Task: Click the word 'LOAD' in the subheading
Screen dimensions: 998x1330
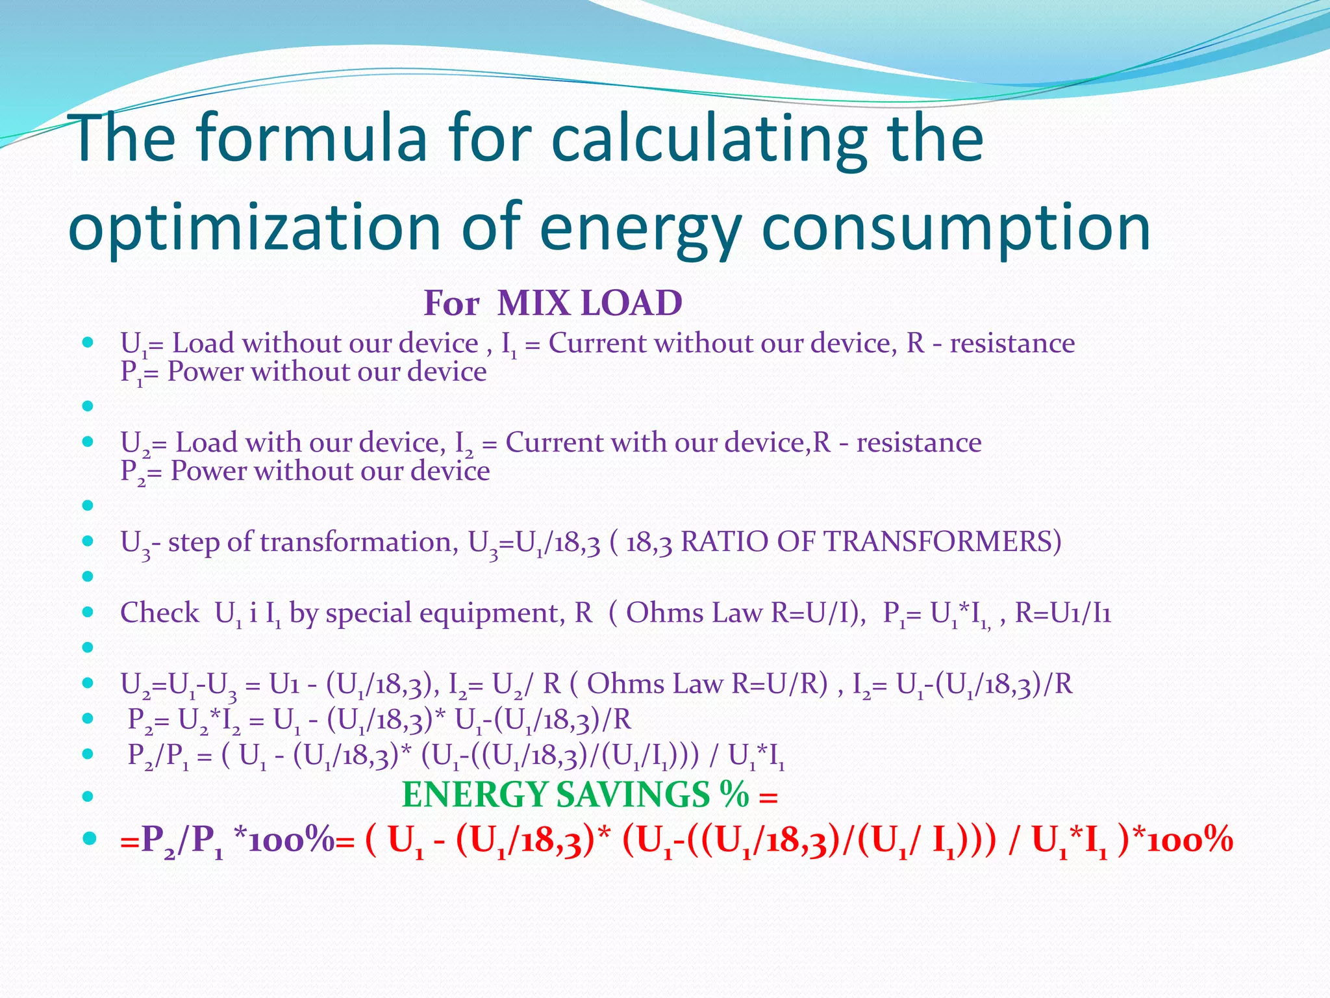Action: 630,303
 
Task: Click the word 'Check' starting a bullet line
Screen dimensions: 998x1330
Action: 160,613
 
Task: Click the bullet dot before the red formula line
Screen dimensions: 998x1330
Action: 89,838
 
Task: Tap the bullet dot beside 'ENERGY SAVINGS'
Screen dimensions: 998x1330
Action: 89,795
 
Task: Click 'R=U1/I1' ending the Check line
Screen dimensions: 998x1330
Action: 1062,613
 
